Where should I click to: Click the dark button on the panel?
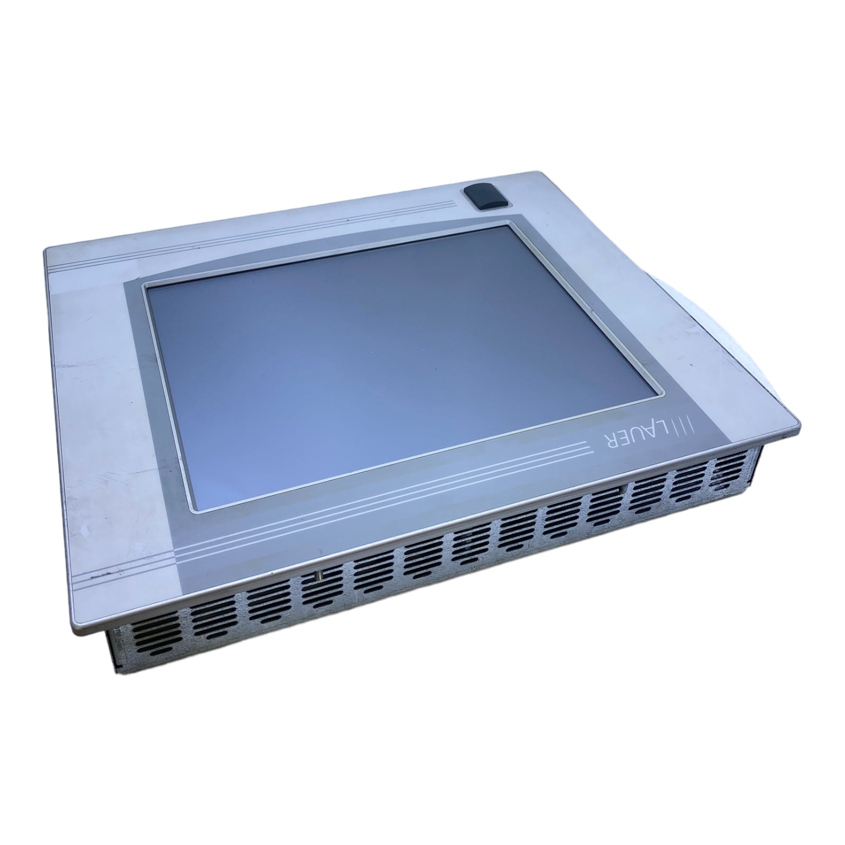484,198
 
